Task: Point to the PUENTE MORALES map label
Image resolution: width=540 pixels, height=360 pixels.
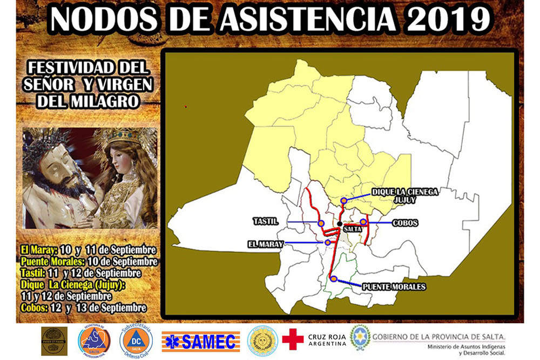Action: click(x=394, y=287)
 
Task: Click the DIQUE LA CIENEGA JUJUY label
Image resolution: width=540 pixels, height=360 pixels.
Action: click(x=404, y=195)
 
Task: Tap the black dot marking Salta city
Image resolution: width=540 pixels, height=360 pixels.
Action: click(x=339, y=223)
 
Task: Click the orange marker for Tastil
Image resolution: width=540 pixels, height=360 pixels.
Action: click(x=321, y=223)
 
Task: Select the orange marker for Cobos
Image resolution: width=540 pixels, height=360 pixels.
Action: click(x=363, y=222)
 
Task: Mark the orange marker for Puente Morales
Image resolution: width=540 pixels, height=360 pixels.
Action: click(x=334, y=279)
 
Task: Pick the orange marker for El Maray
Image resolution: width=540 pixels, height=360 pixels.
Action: click(x=328, y=243)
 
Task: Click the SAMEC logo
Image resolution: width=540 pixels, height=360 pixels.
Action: click(x=200, y=341)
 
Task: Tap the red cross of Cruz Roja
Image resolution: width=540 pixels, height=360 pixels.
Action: click(x=293, y=339)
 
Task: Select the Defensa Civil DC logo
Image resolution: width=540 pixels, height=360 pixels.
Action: click(x=136, y=341)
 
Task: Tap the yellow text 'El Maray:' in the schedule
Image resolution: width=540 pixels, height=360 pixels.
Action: click(x=38, y=250)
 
